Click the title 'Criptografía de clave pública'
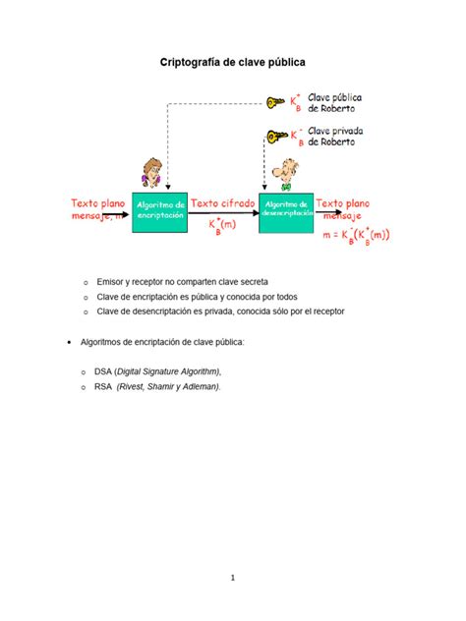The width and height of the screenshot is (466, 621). point(233,62)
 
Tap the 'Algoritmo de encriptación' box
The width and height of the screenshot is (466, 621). point(161,210)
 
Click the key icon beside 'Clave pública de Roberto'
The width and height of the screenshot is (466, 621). point(274,101)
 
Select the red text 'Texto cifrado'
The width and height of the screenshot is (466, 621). point(223,203)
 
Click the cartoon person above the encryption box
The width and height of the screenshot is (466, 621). point(151,174)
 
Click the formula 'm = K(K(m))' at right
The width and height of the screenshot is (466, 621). point(357,234)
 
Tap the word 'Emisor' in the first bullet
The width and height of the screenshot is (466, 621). point(111,281)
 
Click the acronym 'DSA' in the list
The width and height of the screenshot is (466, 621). point(103,370)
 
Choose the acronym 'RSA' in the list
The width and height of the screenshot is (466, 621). point(103,386)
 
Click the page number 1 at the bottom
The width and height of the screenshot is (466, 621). point(233,579)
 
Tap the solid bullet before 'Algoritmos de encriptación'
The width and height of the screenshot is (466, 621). point(68,341)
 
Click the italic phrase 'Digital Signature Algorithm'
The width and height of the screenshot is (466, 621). point(168,370)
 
